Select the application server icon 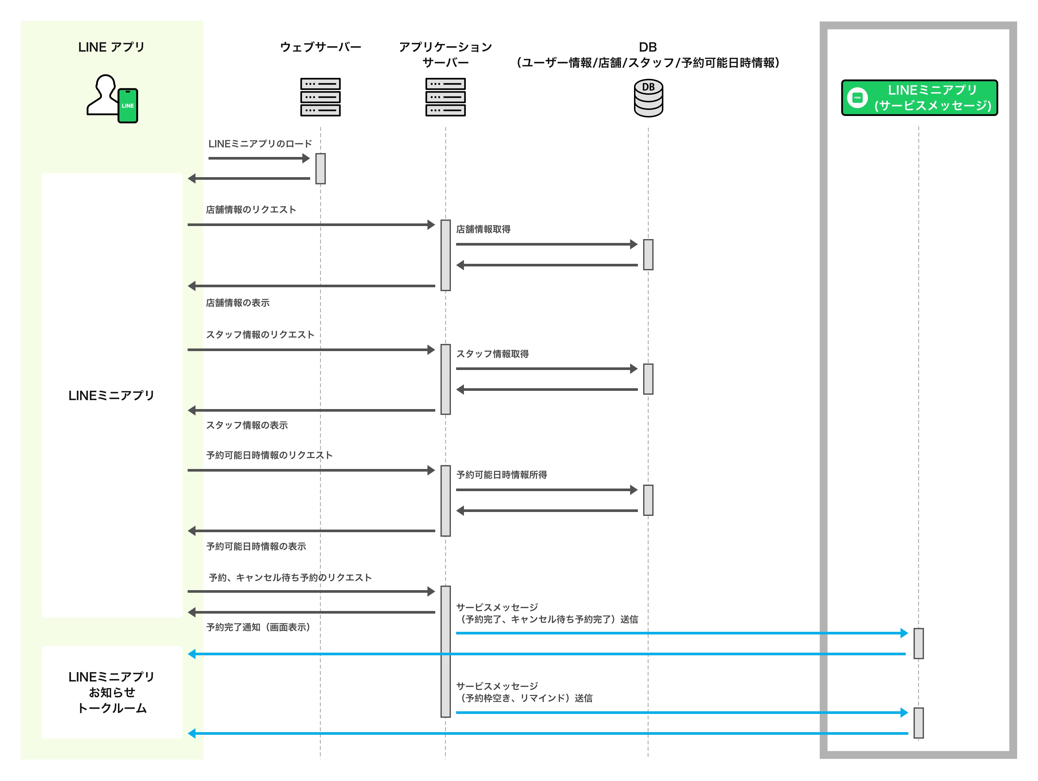(445, 97)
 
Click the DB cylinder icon (648, 98)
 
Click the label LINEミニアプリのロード (260, 144)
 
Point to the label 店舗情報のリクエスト (251, 210)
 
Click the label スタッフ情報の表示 (247, 425)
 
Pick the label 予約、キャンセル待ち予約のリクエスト (290, 578)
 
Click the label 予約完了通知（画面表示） (258, 628)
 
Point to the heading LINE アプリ (111, 47)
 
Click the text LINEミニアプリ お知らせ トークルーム (112, 692)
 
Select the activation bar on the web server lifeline (321, 168)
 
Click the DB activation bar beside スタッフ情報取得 (648, 379)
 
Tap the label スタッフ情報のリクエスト (260, 335)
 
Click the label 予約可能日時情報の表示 (256, 547)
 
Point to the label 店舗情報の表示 (238, 303)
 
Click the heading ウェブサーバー (321, 47)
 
